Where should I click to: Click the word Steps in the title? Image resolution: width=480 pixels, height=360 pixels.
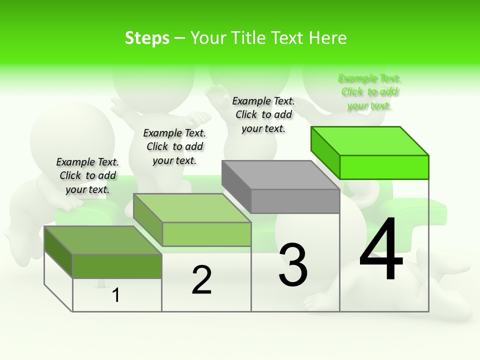(147, 38)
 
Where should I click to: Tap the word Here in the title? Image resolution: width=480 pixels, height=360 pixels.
(327, 38)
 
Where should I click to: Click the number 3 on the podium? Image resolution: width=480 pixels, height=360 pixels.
(293, 265)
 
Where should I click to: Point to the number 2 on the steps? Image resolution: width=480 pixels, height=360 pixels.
(201, 280)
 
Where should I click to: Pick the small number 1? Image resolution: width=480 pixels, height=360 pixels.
(116, 295)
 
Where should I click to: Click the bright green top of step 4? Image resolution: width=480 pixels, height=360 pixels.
(370, 141)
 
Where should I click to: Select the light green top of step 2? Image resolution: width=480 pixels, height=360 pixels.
(192, 208)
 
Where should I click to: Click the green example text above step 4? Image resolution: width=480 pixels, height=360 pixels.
(369, 92)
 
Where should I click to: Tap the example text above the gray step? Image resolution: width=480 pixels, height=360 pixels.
(263, 115)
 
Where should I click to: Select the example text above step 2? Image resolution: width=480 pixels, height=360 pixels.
(174, 146)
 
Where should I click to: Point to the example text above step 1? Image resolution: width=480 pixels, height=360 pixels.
(87, 175)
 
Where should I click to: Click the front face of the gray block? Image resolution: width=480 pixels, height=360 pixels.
(295, 201)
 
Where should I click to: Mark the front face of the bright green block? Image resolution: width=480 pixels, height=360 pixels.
(384, 167)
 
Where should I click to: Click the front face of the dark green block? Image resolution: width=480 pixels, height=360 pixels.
(117, 266)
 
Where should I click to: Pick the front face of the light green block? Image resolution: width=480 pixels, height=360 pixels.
(206, 234)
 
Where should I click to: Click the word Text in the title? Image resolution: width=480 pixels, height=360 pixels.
(287, 38)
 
